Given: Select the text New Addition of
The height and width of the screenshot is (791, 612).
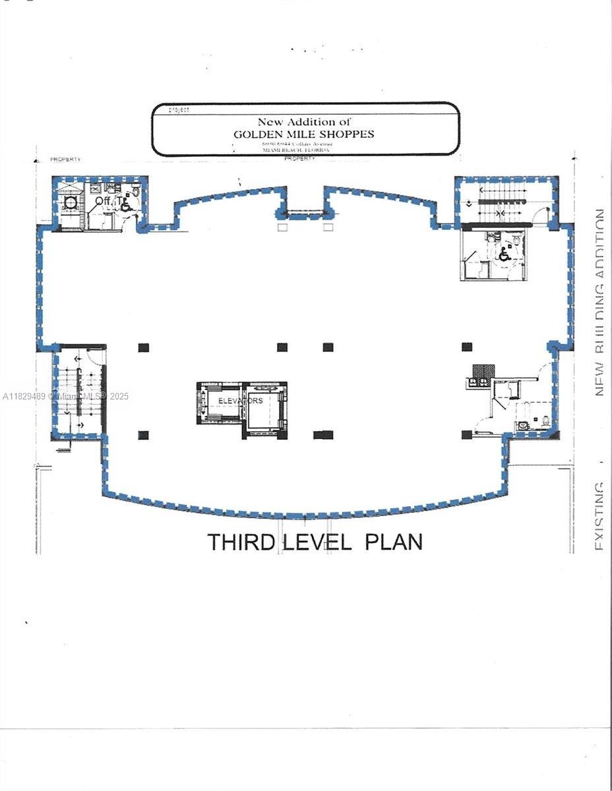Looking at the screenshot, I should [x=304, y=121].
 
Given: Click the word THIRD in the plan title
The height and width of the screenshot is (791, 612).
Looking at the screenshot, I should [x=242, y=542].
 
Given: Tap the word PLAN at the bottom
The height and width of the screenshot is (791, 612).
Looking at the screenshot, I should [x=394, y=542].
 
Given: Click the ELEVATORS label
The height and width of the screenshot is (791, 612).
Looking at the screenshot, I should [x=241, y=401].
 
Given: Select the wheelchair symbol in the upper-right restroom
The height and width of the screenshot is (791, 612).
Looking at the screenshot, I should [x=504, y=254].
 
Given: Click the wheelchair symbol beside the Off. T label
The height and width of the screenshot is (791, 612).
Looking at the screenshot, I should [x=126, y=205].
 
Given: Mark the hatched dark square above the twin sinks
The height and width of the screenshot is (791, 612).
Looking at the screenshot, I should [x=479, y=370].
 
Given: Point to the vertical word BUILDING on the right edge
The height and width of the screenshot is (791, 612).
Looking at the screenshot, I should [x=599, y=316].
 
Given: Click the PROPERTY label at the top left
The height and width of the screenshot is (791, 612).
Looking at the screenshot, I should [x=66, y=160].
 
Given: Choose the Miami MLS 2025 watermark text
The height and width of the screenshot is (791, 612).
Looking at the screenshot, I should [x=66, y=396].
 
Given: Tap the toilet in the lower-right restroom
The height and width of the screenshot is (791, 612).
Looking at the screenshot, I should [x=545, y=421].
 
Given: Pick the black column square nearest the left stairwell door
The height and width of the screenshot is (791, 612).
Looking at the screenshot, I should [x=144, y=347].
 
